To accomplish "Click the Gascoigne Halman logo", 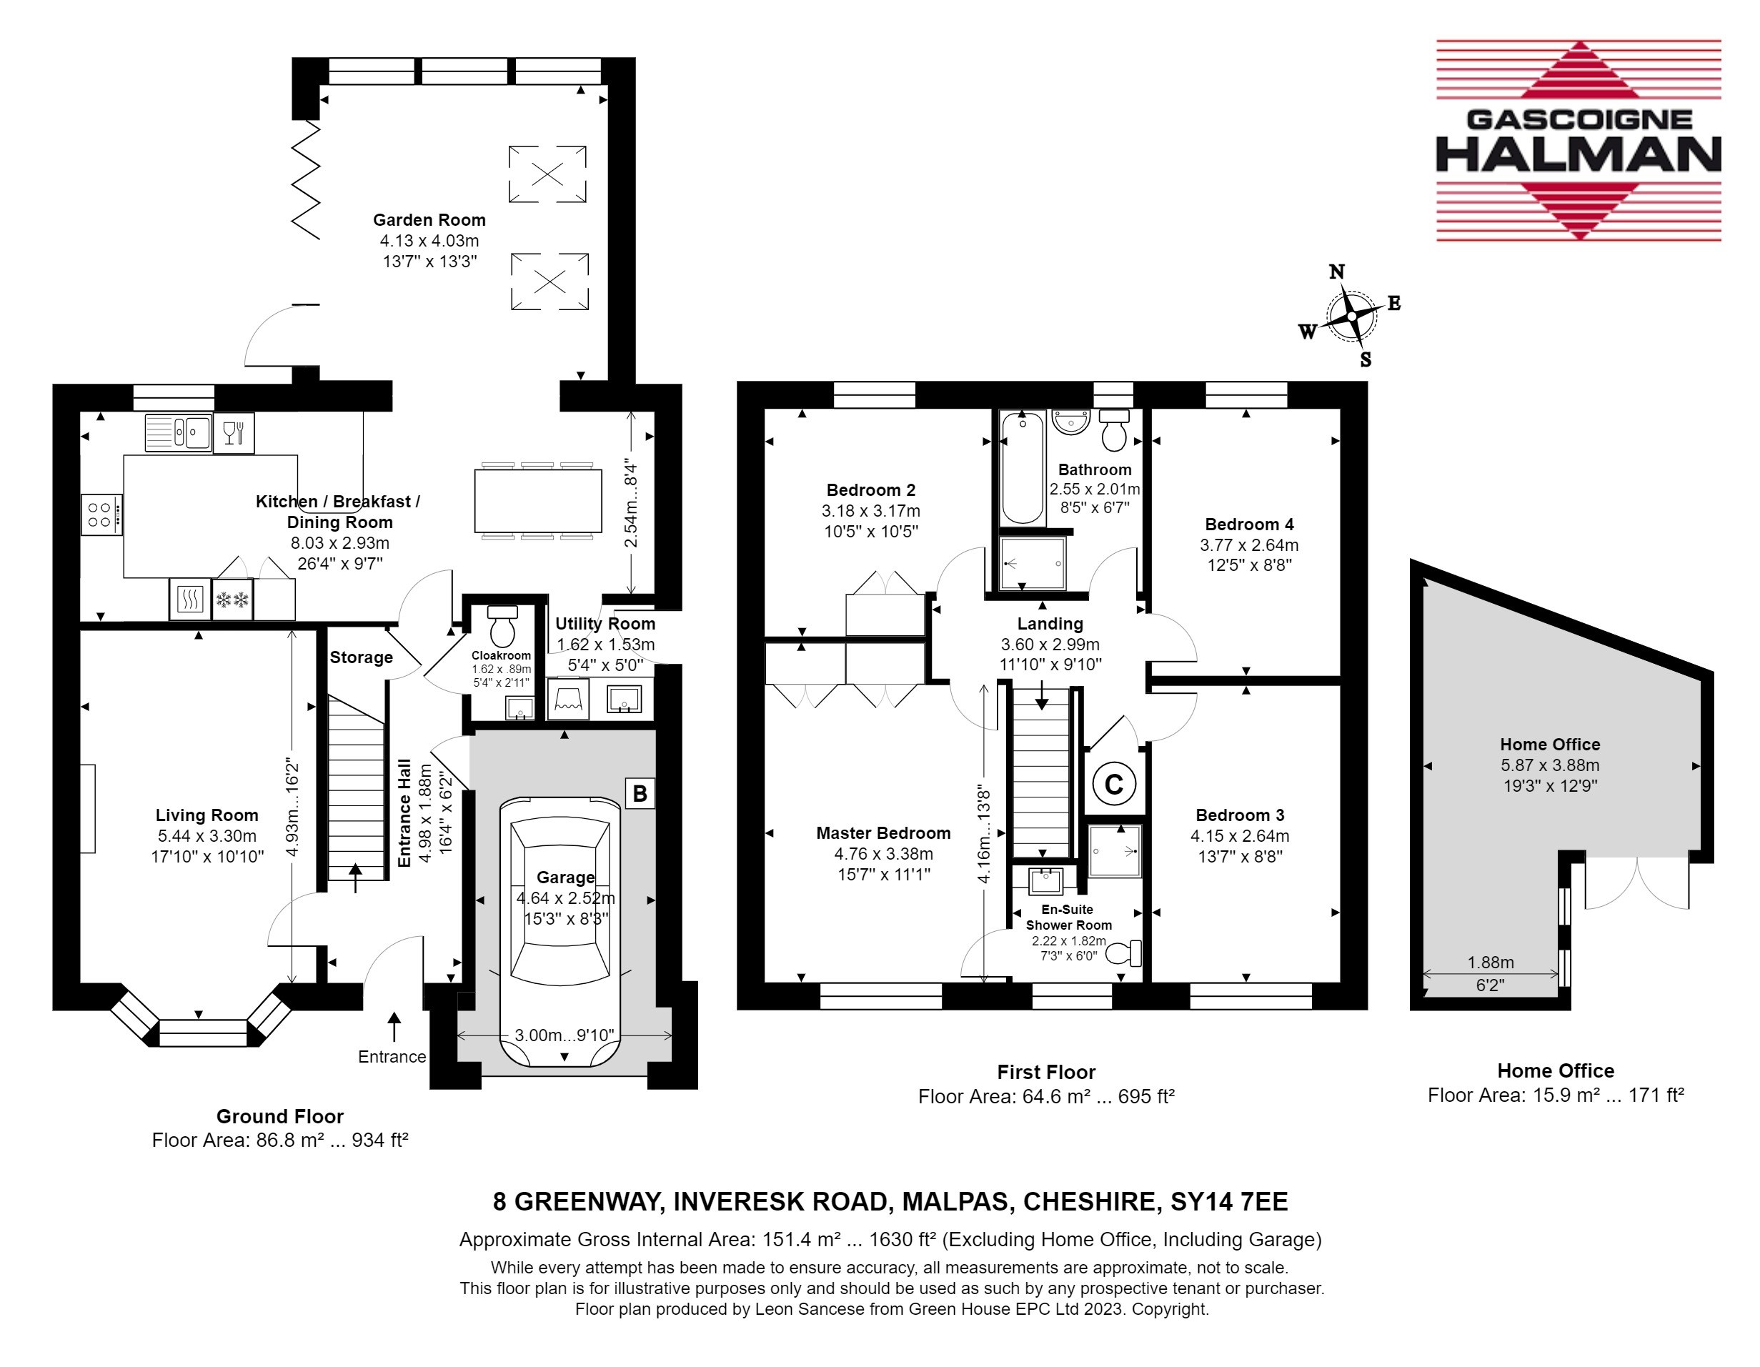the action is [x=1578, y=140].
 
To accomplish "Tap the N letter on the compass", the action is [x=1336, y=272].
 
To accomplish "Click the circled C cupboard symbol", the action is [x=1114, y=783].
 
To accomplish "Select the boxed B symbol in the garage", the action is [x=640, y=794].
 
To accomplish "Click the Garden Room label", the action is [x=429, y=220].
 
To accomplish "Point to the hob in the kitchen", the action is [x=101, y=515].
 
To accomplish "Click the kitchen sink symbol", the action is [x=179, y=433].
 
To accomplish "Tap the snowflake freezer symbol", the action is [x=232, y=600].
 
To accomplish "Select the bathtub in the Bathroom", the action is [x=1023, y=467].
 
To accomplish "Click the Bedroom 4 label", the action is [x=1249, y=525].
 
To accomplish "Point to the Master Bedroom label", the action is [x=883, y=833].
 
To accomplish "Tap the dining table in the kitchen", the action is [x=538, y=500].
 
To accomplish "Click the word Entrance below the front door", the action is [x=392, y=1057].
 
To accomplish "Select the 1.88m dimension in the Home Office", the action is [x=1490, y=963].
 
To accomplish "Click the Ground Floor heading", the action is [x=279, y=1116].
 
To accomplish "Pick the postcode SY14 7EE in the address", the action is [x=1229, y=1202].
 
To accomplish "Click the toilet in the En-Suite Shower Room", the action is [x=1124, y=953].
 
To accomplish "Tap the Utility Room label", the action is [x=605, y=624].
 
